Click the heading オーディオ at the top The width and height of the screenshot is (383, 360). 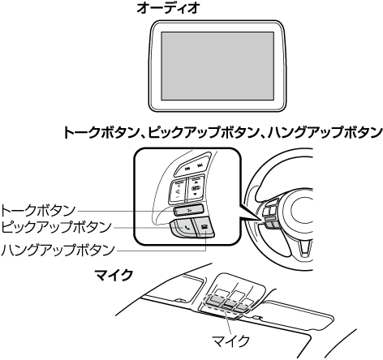coord(168,8)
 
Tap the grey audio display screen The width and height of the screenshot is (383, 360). coord(217,66)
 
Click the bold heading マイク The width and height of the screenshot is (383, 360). coord(114,275)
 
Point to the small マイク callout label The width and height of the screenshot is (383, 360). coord(230,341)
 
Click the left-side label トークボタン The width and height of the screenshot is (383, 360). coord(38,211)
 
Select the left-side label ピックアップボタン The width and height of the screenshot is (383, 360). coord(56,228)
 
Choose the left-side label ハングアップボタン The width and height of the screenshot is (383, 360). coord(58,250)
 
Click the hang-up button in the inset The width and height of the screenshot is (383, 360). coord(204,227)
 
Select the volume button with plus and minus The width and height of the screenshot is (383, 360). coord(177,191)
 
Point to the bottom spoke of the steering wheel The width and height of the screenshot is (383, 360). coord(304,247)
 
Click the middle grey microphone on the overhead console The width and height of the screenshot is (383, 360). coord(226,305)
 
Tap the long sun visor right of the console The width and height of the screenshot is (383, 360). coord(298,315)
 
